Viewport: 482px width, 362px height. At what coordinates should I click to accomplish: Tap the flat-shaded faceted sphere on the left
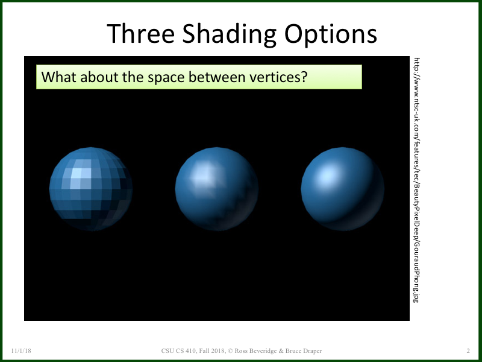pos(91,189)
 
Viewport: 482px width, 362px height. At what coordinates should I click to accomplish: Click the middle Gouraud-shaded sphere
pos(217,189)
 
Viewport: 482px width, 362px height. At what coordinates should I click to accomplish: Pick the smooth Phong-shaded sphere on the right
pos(342,189)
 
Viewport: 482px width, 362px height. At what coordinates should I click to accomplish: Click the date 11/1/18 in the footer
pos(21,351)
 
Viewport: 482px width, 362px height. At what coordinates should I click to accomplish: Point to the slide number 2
pos(468,351)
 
